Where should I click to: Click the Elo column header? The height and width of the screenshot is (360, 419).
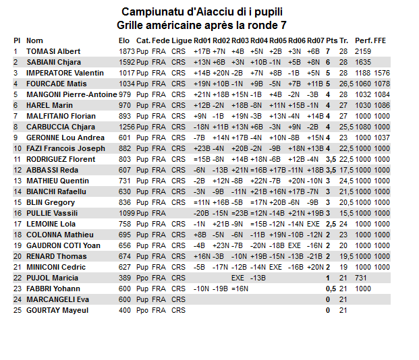coord(125,40)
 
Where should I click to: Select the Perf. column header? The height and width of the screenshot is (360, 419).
coord(363,40)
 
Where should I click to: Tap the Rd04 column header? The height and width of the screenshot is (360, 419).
coord(259,40)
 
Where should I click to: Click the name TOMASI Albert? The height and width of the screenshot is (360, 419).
coord(53,51)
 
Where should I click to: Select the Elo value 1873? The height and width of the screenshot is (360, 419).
coord(127,51)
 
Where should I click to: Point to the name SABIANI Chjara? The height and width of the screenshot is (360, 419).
coord(55,62)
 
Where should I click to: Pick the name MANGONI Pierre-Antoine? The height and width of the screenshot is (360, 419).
coord(72,94)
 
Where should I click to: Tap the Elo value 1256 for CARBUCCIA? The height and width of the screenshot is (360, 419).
coord(127,127)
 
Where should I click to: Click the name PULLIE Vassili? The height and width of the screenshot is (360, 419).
coord(52,213)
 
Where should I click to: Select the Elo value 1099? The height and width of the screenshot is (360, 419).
coord(127,213)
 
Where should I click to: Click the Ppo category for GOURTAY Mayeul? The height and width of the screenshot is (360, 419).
coord(142,310)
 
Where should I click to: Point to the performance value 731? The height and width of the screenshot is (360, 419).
coord(361,278)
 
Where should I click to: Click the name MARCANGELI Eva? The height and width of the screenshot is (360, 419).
coord(58,299)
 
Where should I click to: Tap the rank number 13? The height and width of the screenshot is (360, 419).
coord(17,181)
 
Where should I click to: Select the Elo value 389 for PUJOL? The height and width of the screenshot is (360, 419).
coord(125,278)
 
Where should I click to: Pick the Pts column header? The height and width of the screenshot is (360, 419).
coord(331,40)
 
